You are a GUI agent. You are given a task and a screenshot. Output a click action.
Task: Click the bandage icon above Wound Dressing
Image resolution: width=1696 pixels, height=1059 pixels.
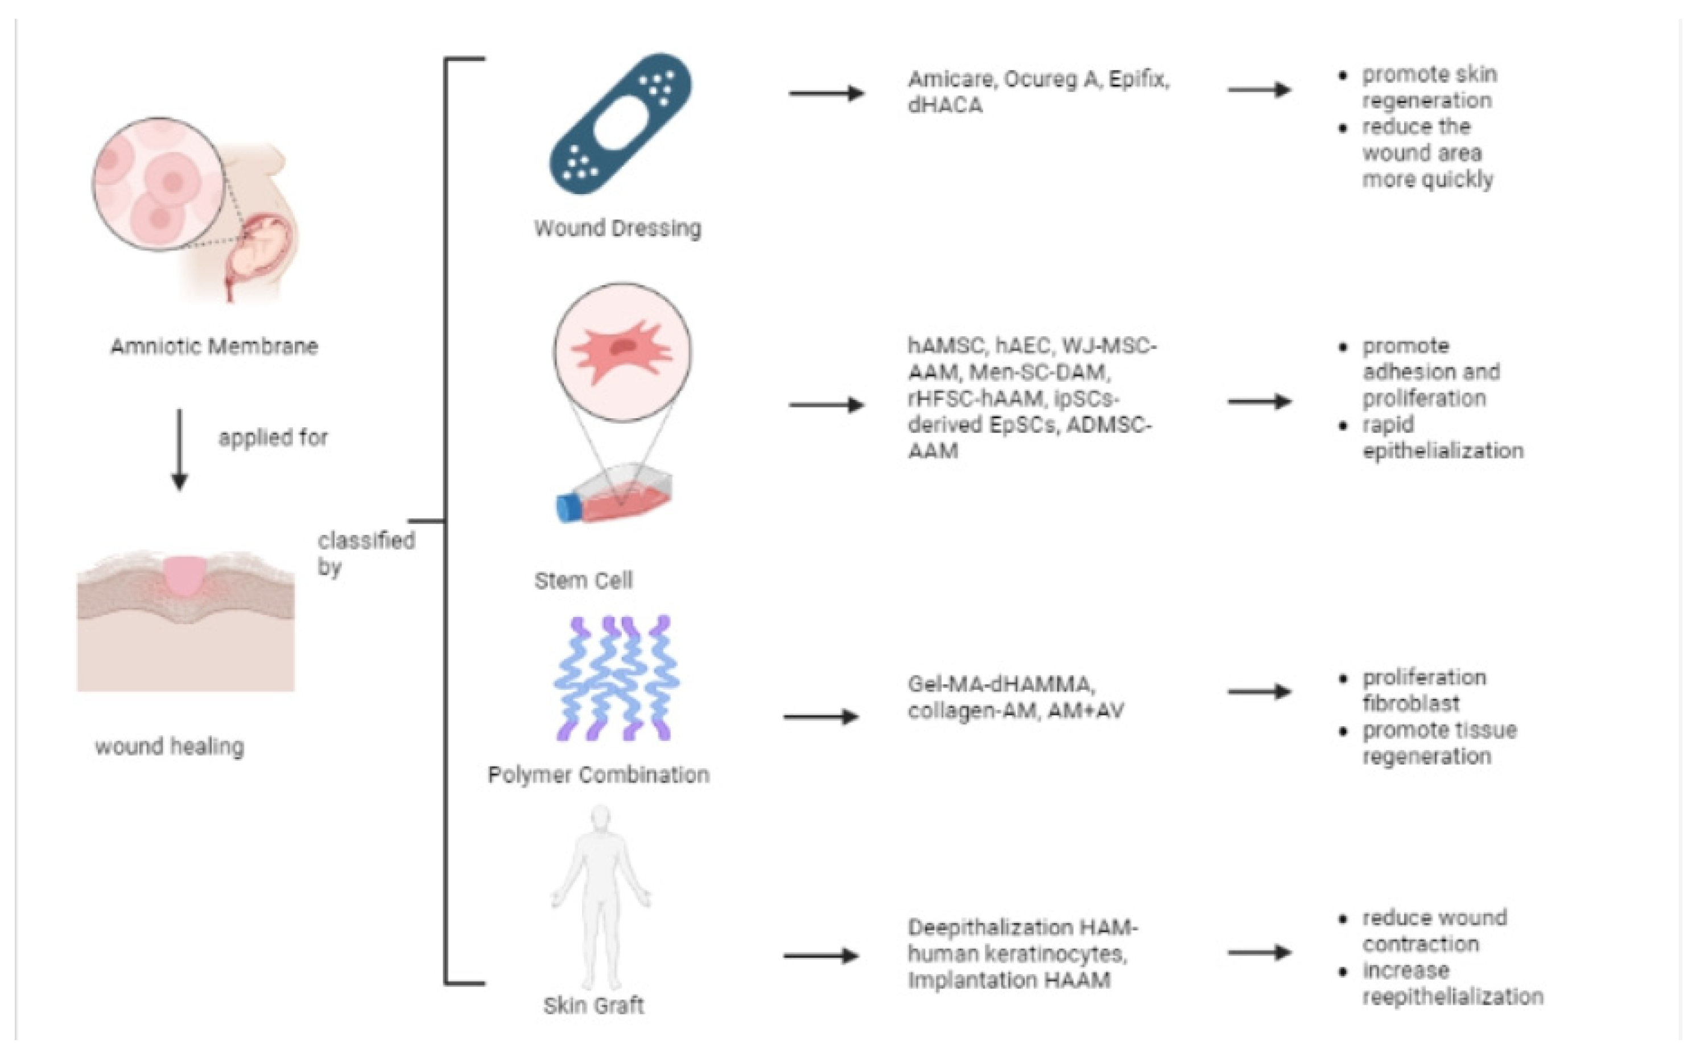[x=620, y=124]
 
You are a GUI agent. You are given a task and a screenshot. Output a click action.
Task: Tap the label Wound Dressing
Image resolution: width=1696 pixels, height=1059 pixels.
[x=617, y=228]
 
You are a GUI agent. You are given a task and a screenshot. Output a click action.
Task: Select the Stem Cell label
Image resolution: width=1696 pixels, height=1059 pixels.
[x=583, y=580]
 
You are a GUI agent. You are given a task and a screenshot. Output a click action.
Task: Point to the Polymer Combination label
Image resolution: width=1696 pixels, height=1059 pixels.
[x=599, y=774]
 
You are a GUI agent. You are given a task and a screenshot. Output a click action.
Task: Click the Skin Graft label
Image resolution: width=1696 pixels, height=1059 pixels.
[x=593, y=1006]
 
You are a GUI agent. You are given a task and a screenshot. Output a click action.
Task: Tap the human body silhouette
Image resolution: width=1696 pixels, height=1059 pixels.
[x=601, y=896]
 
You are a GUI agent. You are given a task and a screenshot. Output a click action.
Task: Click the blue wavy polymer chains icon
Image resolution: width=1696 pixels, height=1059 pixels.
[x=616, y=678]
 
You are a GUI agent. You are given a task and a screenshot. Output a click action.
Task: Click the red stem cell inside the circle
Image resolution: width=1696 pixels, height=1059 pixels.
[x=620, y=350]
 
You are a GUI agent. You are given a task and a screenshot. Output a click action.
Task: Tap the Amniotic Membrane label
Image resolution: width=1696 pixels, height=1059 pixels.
[x=214, y=346]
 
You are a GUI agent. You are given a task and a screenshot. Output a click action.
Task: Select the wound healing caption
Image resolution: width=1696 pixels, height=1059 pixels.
[x=170, y=747]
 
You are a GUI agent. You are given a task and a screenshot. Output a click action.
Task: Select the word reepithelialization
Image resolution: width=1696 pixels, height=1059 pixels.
[x=1452, y=996]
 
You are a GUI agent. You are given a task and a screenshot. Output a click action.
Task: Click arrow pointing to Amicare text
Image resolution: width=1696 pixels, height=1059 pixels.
[x=826, y=93]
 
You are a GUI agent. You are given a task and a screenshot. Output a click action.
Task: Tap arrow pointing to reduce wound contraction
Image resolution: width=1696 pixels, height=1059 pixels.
[x=1259, y=953]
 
